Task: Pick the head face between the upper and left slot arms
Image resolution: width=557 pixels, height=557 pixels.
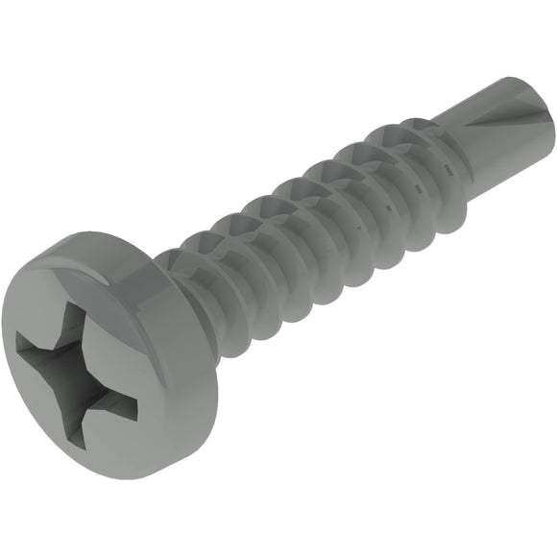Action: click(x=43, y=307)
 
